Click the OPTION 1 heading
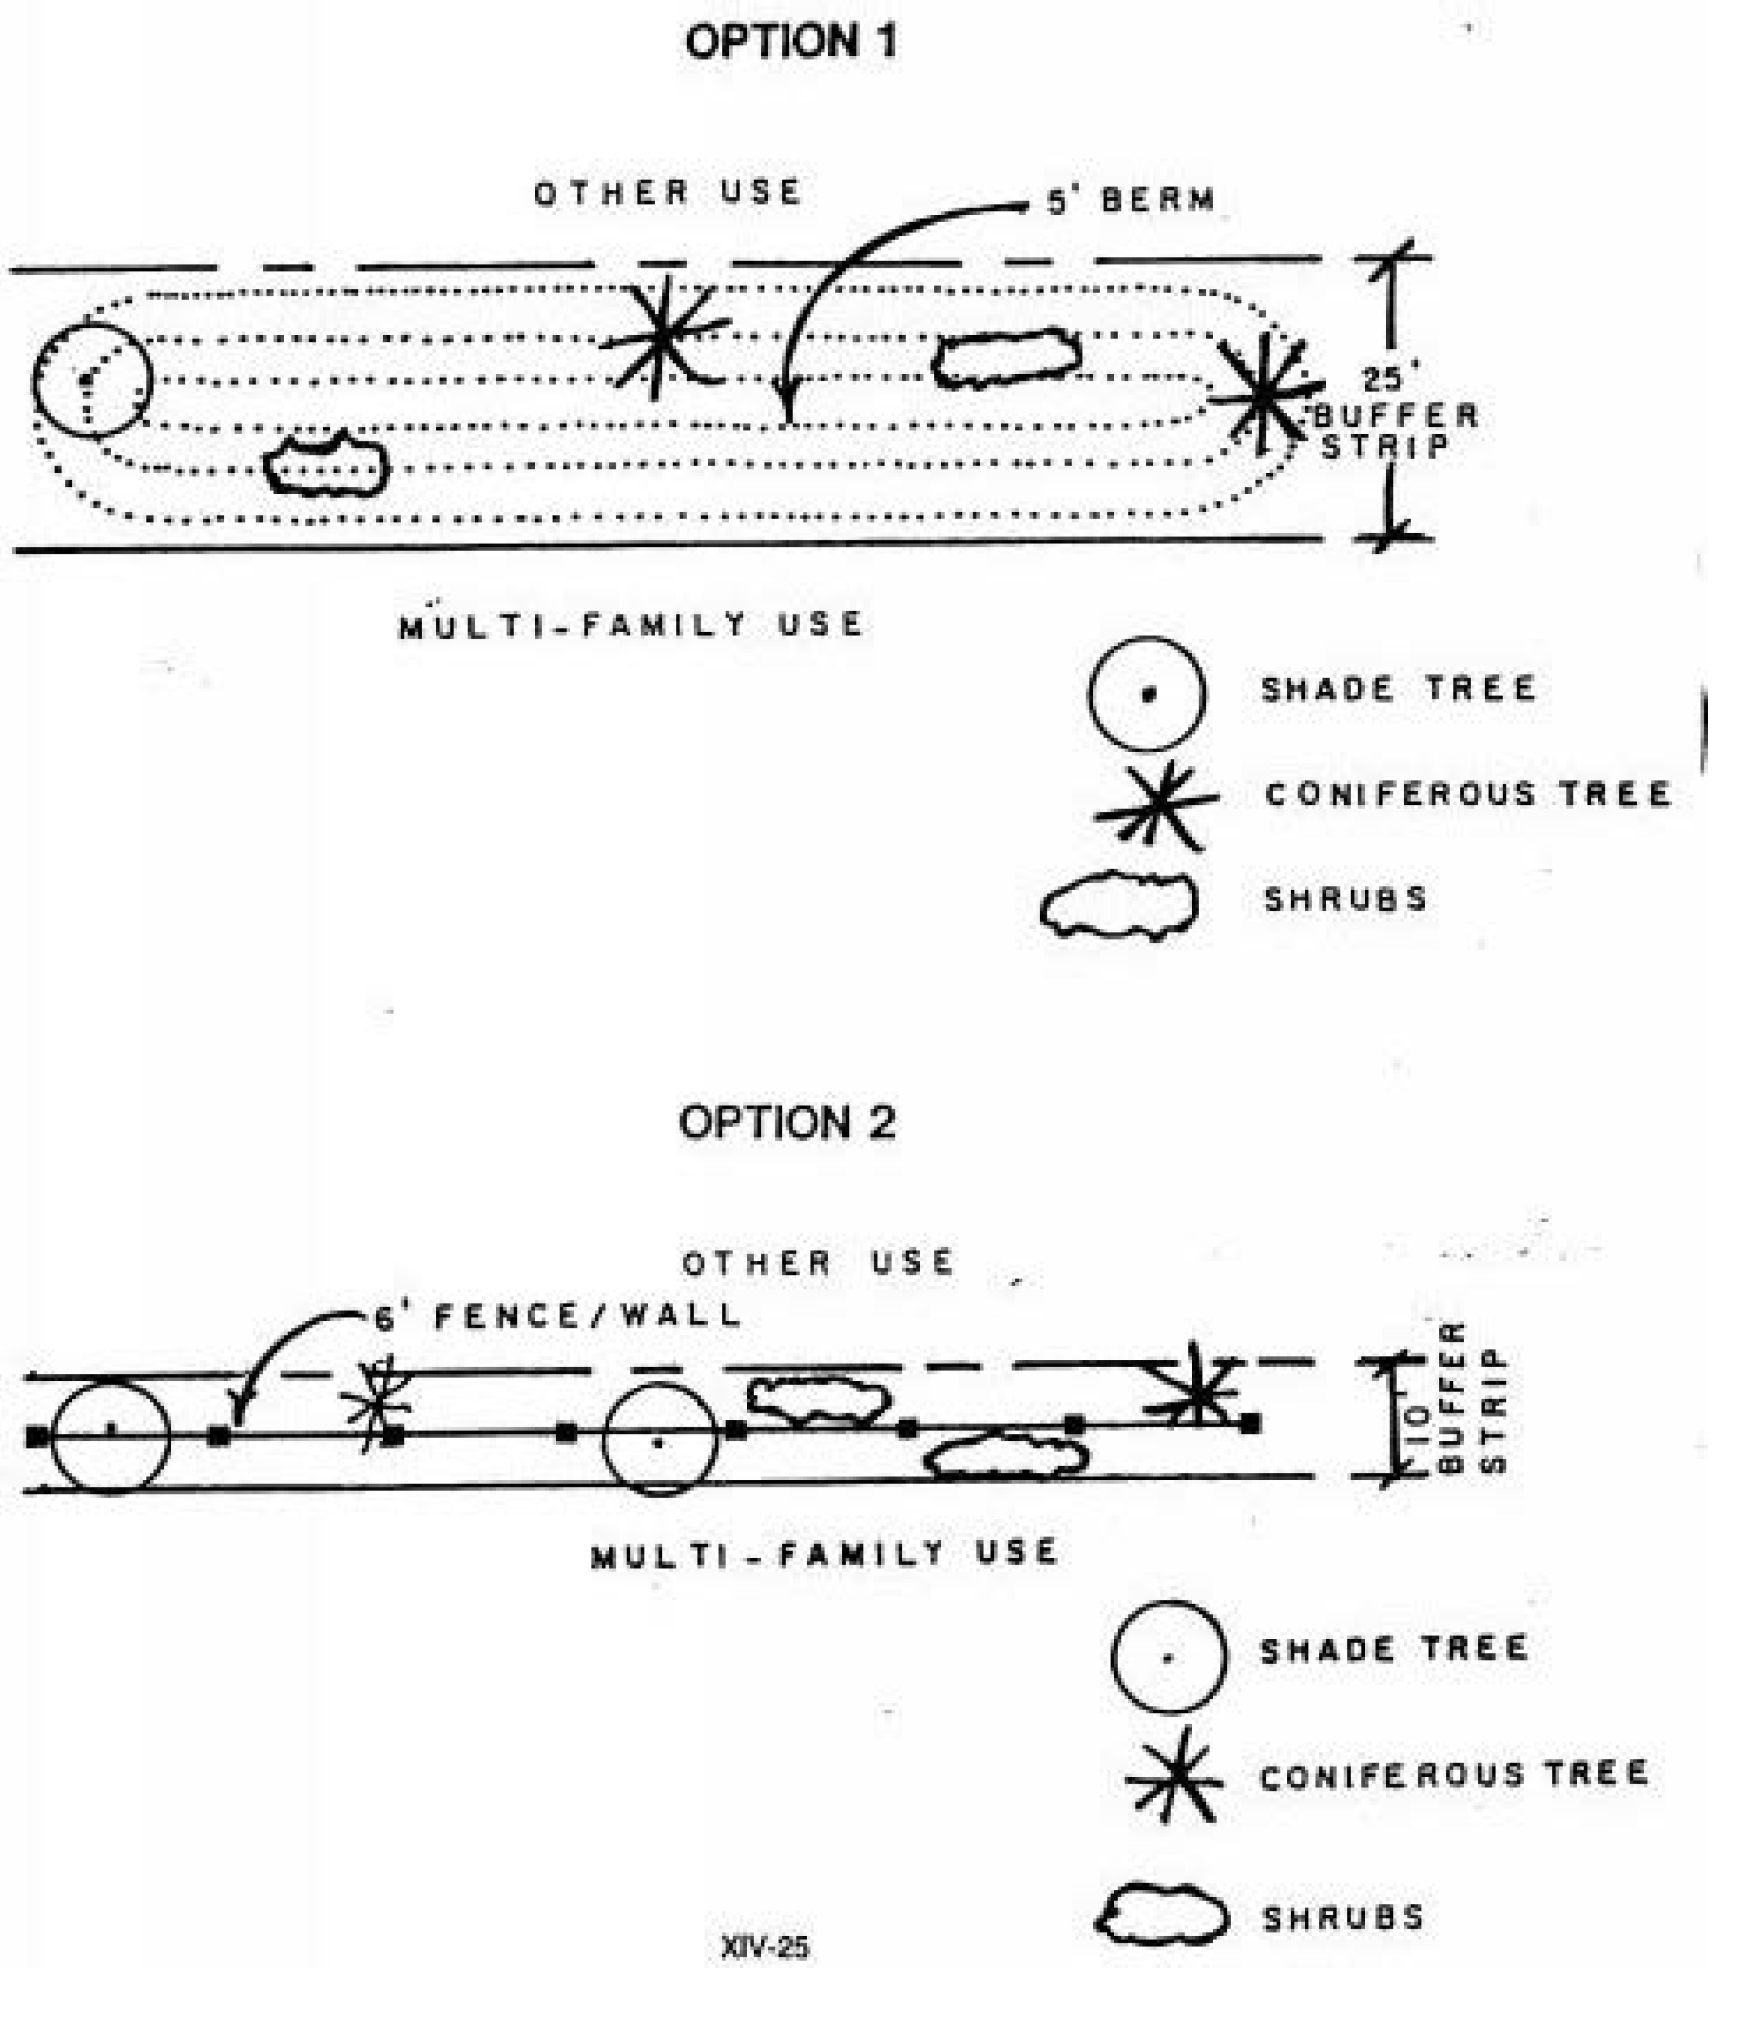(790, 42)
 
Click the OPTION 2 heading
(786, 1123)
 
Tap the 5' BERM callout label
(1132, 201)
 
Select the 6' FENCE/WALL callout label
(559, 1317)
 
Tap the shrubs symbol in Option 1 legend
(1120, 904)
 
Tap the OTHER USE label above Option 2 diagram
(817, 1263)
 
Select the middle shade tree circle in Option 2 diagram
(659, 1439)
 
